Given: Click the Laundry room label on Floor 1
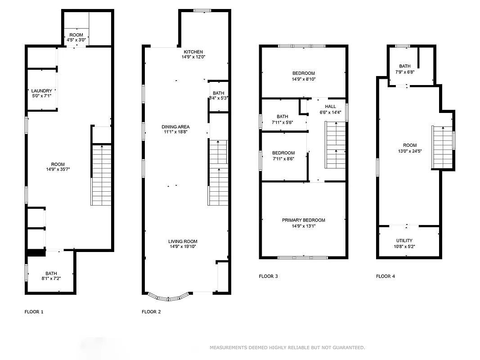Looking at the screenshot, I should [41, 91].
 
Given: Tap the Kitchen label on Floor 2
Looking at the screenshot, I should [193, 52].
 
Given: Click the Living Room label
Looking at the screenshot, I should [183, 242].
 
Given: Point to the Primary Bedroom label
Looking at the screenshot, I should [303, 220].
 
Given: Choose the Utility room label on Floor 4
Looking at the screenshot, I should [404, 241].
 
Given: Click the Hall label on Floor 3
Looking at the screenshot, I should [330, 107].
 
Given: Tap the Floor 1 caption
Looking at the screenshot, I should [34, 311].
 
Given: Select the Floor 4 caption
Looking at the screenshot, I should [386, 276].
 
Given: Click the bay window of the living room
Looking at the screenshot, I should [169, 297].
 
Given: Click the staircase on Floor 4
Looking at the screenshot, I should [442, 147].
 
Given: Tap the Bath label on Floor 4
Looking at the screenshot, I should [404, 66].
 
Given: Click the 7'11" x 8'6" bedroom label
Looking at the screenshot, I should [283, 153].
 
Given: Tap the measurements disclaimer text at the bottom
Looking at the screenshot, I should [287, 347].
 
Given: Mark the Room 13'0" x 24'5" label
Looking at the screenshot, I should [409, 145].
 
